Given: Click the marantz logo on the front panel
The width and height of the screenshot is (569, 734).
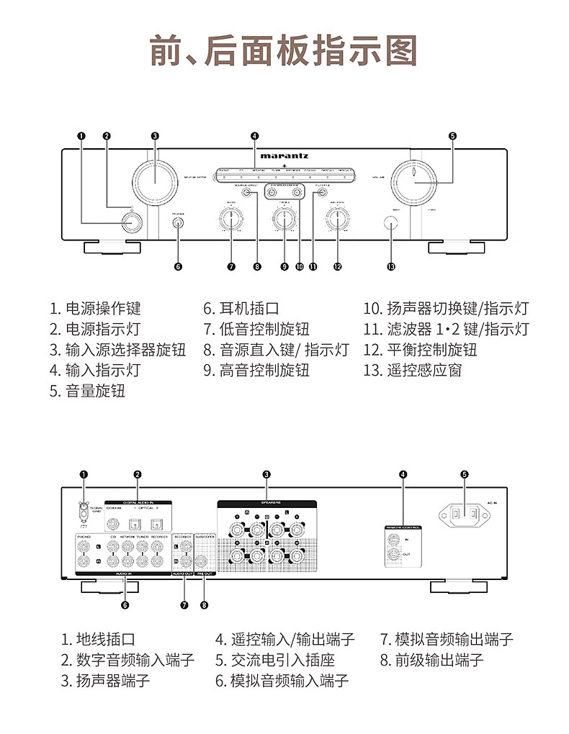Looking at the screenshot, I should [285, 155].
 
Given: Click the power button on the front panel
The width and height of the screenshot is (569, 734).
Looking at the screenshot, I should [130, 222].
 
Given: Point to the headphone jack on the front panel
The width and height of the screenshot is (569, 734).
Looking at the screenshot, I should [178, 223].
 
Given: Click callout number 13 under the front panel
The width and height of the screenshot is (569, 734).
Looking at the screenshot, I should [390, 267].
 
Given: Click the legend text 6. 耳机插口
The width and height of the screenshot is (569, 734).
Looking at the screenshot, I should [241, 309].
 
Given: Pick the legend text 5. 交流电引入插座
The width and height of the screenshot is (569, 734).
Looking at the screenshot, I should [274, 660].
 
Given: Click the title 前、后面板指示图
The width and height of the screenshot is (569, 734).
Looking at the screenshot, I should [284, 50].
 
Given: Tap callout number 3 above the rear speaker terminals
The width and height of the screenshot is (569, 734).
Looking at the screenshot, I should [266, 474].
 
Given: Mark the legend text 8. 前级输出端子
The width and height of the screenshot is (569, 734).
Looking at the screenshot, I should [431, 660].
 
